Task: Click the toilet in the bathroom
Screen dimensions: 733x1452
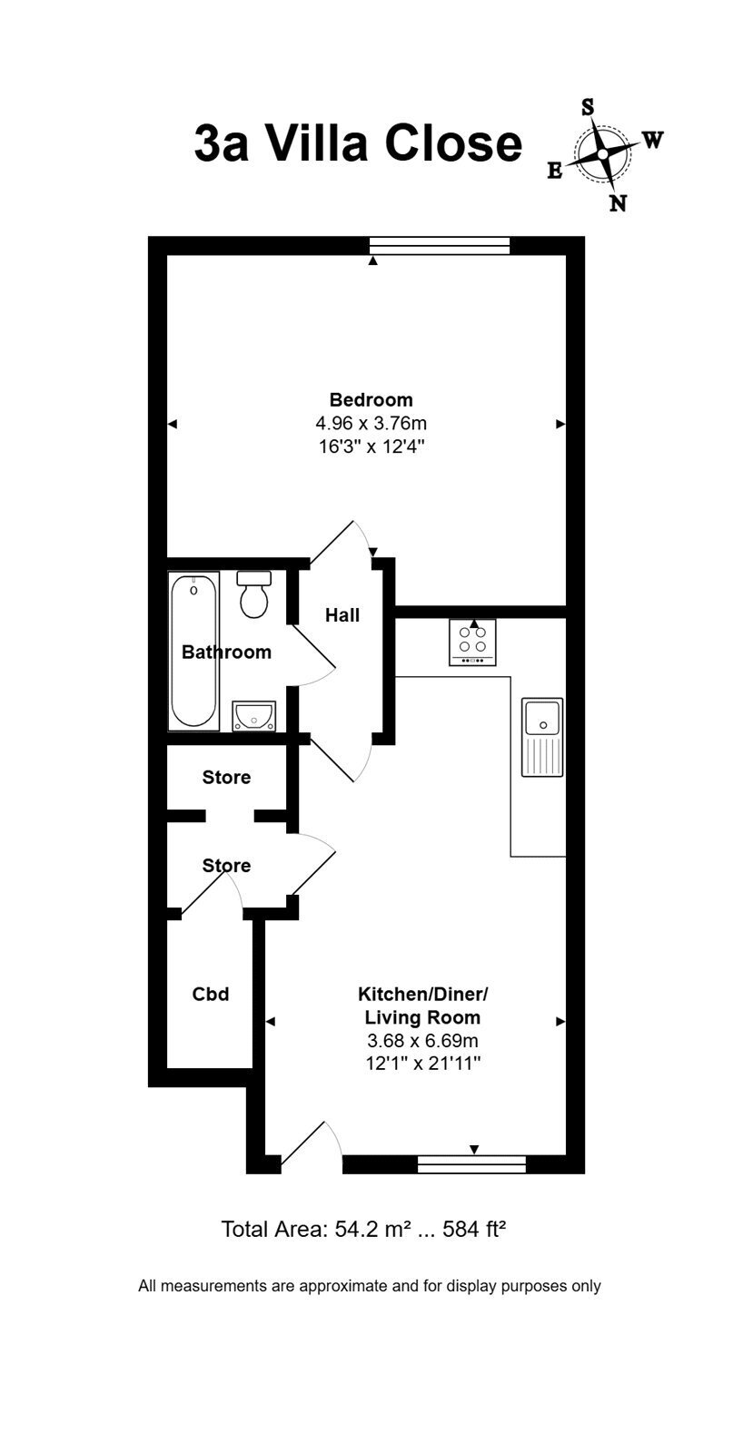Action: tap(253, 594)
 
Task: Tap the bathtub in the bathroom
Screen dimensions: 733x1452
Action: tap(193, 651)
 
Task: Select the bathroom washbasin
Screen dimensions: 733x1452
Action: tap(253, 716)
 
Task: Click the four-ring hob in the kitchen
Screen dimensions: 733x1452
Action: tap(472, 642)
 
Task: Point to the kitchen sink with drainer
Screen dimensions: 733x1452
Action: tap(542, 737)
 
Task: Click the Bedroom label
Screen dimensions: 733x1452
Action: tap(371, 399)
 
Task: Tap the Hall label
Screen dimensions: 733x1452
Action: tap(342, 615)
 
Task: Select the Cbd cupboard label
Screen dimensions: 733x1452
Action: tap(210, 994)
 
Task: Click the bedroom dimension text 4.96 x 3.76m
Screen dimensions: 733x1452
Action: tap(371, 423)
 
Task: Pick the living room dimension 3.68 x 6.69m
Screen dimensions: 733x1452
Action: tap(422, 1040)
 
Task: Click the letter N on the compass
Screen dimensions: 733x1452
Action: tap(619, 203)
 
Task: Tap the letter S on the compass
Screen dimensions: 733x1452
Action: tap(588, 107)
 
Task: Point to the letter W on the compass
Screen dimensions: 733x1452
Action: tap(653, 139)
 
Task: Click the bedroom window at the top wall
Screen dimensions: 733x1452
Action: tap(439, 246)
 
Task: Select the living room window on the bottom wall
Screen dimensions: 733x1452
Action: tap(471, 1164)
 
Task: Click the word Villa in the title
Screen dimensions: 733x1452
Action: tap(318, 143)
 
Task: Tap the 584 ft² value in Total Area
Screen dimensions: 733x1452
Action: tap(473, 1229)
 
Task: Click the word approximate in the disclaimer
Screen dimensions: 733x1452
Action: tap(342, 1286)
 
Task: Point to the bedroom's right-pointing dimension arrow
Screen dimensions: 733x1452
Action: tap(560, 424)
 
